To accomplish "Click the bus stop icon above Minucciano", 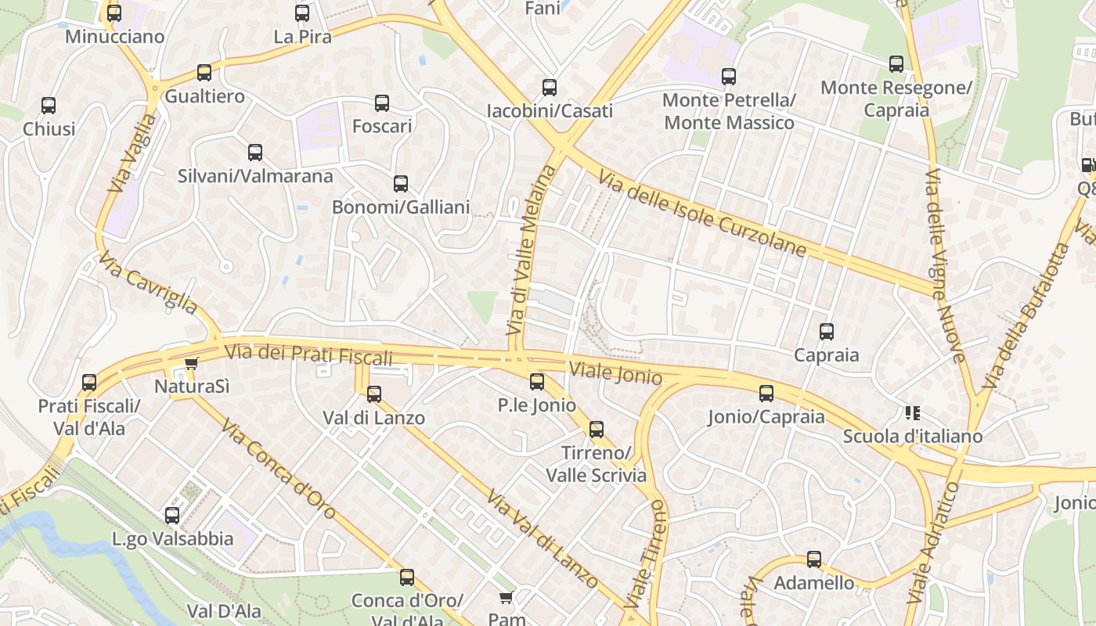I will click(x=114, y=13).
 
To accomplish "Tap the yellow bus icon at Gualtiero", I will click(x=204, y=73).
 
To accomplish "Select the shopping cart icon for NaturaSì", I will click(x=191, y=363).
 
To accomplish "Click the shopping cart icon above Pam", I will click(x=507, y=598).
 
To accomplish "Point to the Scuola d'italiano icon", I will click(x=912, y=412).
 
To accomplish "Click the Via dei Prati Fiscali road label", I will click(x=308, y=354).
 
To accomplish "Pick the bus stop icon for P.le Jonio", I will click(x=537, y=382).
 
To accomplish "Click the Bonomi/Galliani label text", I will click(x=401, y=207).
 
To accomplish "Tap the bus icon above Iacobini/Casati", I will click(x=550, y=88).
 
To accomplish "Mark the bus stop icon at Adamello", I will click(x=814, y=559).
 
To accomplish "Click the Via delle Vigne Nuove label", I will click(x=945, y=266).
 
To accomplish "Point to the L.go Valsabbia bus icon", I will click(x=172, y=516).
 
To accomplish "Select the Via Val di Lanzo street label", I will click(x=542, y=540).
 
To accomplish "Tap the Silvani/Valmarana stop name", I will click(x=255, y=176).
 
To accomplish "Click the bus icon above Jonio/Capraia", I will click(x=766, y=394).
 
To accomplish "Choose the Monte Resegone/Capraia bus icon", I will click(x=896, y=64).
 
